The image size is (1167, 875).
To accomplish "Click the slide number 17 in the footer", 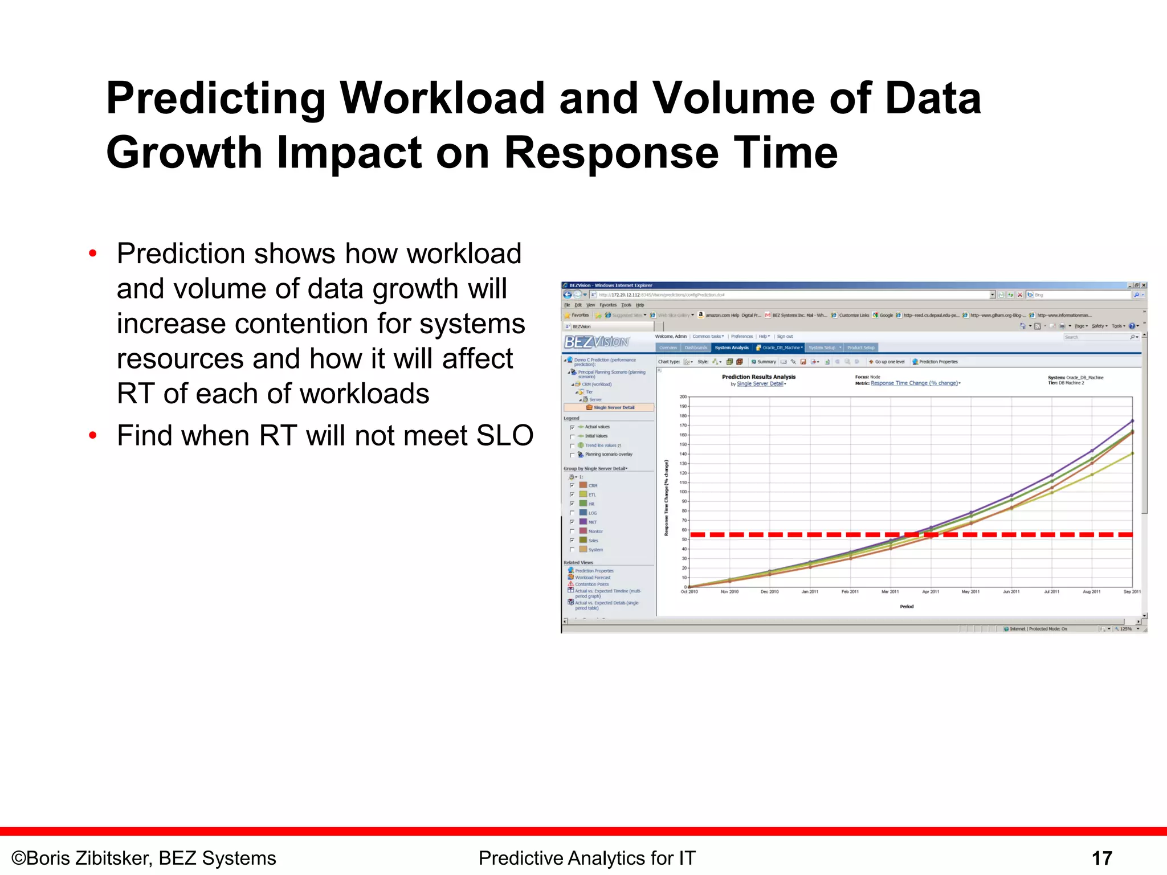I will [1101, 858].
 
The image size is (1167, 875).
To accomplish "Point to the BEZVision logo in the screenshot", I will [596, 342].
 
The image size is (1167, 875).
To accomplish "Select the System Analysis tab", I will [731, 347].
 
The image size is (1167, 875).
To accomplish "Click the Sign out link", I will [785, 337].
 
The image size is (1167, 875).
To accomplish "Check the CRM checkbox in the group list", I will [572, 485].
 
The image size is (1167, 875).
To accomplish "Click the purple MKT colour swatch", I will [583, 522].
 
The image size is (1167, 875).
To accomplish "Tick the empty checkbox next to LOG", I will [572, 513].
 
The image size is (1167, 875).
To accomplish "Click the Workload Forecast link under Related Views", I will [593, 578].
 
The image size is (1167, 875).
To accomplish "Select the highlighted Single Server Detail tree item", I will [613, 407].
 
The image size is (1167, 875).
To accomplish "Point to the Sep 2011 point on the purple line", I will [1132, 421].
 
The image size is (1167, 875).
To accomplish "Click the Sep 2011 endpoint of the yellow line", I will [1132, 453].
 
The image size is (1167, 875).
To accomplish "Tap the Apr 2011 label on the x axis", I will [931, 592].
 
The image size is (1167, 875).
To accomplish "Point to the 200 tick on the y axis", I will [683, 396].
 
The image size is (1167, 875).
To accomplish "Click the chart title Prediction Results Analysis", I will [758, 377].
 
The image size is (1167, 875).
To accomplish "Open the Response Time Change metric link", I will [914, 383].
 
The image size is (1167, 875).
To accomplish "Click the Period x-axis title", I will [907, 607].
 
